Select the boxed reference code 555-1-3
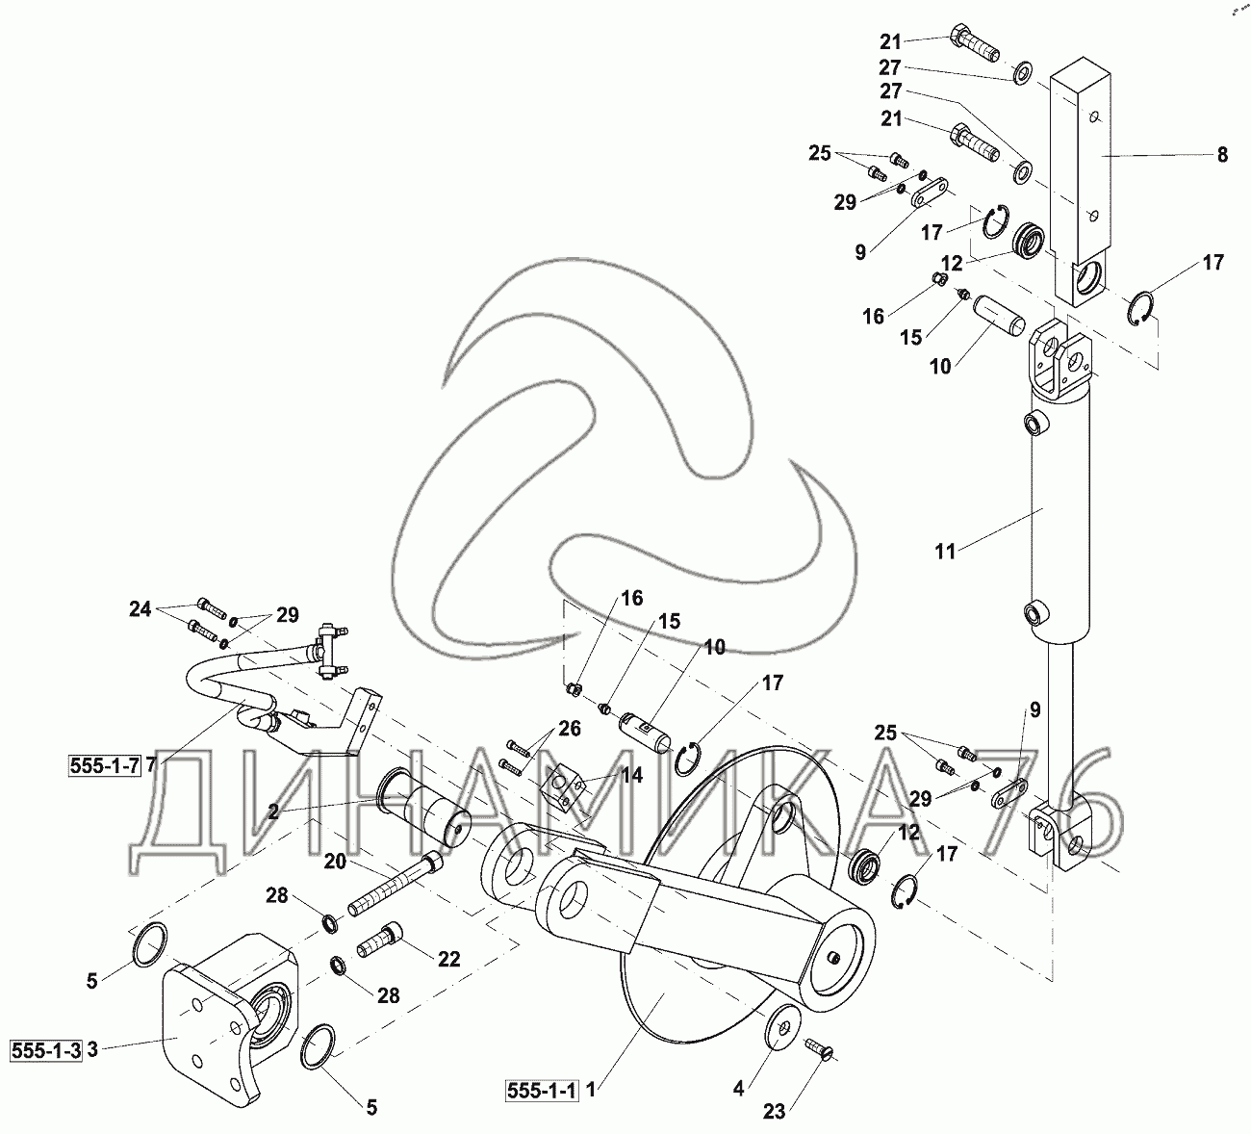point(44,1050)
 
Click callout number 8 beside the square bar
point(1222,154)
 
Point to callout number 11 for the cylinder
point(946,551)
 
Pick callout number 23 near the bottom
point(776,1112)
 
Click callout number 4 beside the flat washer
point(739,1090)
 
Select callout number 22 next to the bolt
point(448,959)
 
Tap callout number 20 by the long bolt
point(334,862)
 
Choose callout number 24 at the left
point(140,608)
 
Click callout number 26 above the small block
point(569,729)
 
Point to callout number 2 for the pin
point(273,812)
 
